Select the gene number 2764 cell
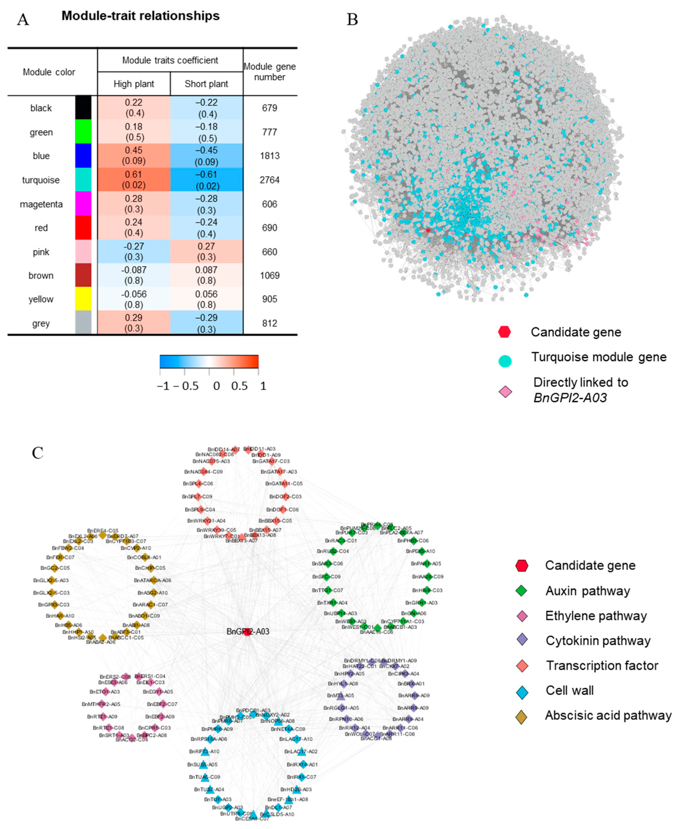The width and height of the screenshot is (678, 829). point(270,180)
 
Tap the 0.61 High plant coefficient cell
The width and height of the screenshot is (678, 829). point(134,180)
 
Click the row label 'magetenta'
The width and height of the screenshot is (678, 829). point(41,204)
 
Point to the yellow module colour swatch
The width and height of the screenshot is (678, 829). point(83,299)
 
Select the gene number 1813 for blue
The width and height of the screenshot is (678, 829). point(270,156)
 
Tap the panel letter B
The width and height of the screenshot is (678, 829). point(352,19)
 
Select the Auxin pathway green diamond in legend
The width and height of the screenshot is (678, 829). point(521,591)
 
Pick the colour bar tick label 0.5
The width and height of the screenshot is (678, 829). point(239,386)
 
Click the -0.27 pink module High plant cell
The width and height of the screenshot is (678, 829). point(134,252)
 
